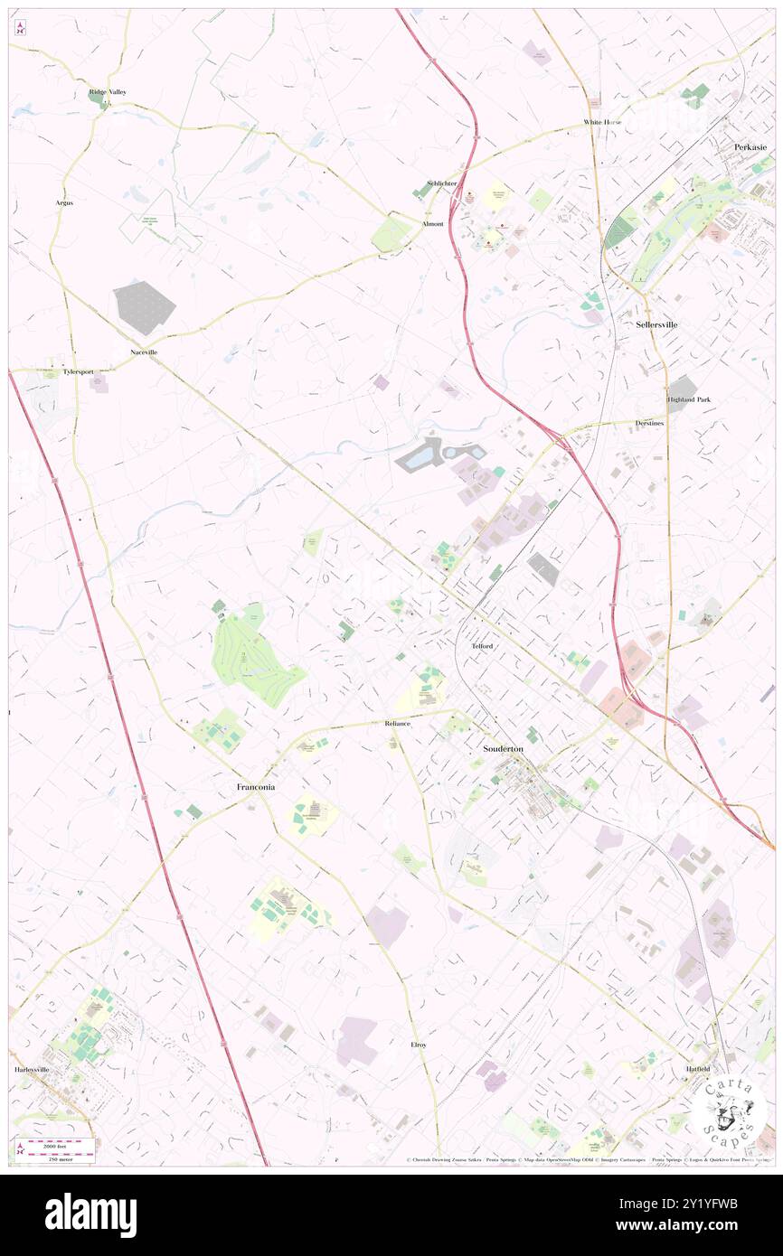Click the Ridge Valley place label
108,92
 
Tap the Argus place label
63,202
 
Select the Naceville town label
143,351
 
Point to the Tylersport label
78,371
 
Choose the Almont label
432,223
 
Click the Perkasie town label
750,146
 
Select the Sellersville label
656,323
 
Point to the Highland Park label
689,398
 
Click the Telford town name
481,647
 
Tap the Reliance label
398,724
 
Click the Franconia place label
256,787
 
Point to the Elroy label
419,1045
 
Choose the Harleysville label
33,1069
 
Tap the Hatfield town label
696,1069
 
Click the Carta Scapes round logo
729,1109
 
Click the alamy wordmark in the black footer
90,1215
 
